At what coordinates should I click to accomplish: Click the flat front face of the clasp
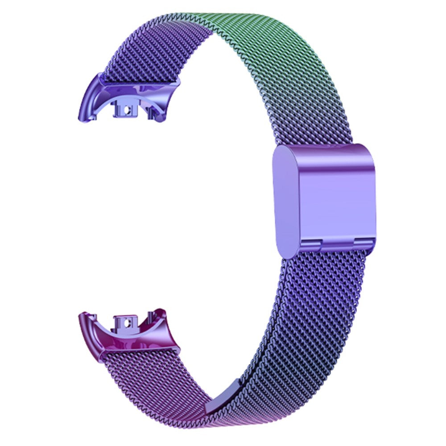339,196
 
